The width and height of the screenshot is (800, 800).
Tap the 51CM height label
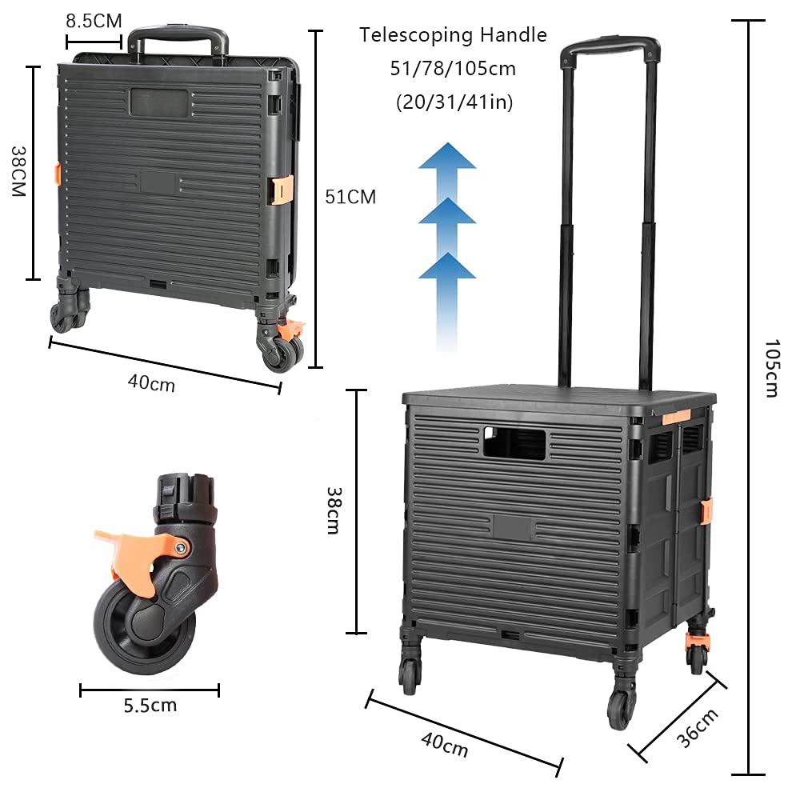click(x=350, y=197)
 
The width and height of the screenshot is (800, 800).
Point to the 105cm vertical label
click(x=770, y=368)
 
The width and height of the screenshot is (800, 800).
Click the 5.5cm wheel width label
click(x=150, y=706)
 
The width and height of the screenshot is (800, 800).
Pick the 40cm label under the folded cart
click(x=151, y=383)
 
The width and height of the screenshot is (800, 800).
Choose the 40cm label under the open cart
click(x=444, y=745)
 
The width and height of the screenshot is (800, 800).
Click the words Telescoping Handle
click(x=453, y=35)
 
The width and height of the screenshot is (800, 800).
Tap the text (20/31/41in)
click(x=453, y=102)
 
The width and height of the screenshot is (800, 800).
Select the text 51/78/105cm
click(x=453, y=69)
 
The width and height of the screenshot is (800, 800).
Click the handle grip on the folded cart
click(x=178, y=35)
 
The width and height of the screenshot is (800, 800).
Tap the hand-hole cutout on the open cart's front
click(x=514, y=443)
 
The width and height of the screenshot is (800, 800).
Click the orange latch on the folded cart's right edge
click(x=280, y=190)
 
